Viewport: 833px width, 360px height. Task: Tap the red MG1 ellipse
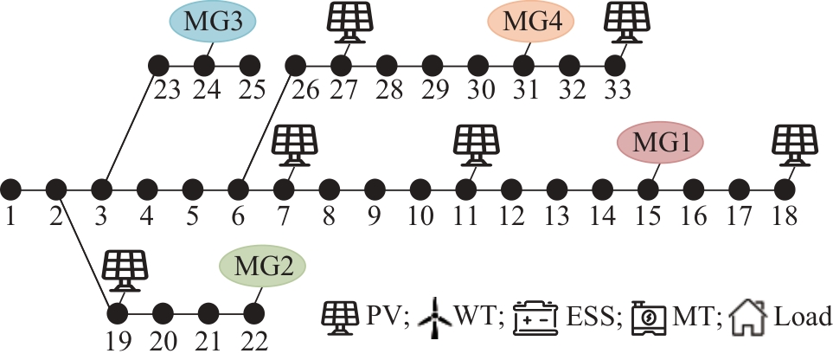click(661, 144)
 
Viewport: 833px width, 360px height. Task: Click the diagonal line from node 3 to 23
click(130, 126)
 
